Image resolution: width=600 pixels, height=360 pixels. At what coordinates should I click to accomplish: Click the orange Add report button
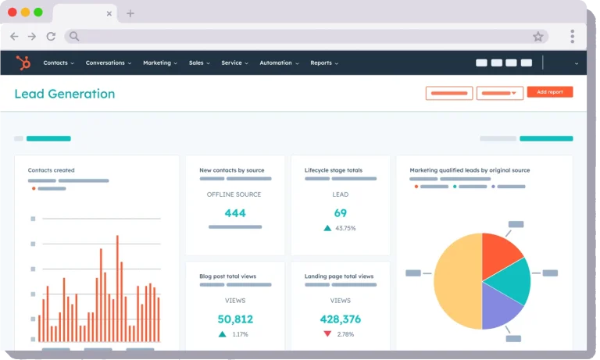(549, 92)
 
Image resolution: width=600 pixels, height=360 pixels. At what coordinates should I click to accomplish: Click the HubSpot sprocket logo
(23, 62)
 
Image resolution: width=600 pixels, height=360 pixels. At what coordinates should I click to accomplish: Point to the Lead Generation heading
(65, 94)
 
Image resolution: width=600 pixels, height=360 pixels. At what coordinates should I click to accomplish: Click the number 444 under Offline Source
(235, 213)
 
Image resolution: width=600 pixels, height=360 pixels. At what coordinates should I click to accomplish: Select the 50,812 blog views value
(235, 319)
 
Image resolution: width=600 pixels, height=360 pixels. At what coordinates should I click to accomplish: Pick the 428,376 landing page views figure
(340, 319)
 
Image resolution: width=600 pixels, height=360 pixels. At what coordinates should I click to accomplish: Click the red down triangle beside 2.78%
(327, 333)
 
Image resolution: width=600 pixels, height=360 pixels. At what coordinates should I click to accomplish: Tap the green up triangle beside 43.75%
(327, 228)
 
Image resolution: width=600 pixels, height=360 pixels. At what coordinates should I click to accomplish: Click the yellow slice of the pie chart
(457, 281)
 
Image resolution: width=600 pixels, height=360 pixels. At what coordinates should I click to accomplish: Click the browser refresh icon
(51, 37)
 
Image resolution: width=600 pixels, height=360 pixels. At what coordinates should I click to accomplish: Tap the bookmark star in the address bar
(538, 37)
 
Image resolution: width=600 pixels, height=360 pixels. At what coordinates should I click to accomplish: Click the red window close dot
(12, 12)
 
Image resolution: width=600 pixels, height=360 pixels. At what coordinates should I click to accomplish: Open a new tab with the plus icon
(130, 14)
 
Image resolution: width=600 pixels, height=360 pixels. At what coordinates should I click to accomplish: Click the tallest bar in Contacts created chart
(117, 288)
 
